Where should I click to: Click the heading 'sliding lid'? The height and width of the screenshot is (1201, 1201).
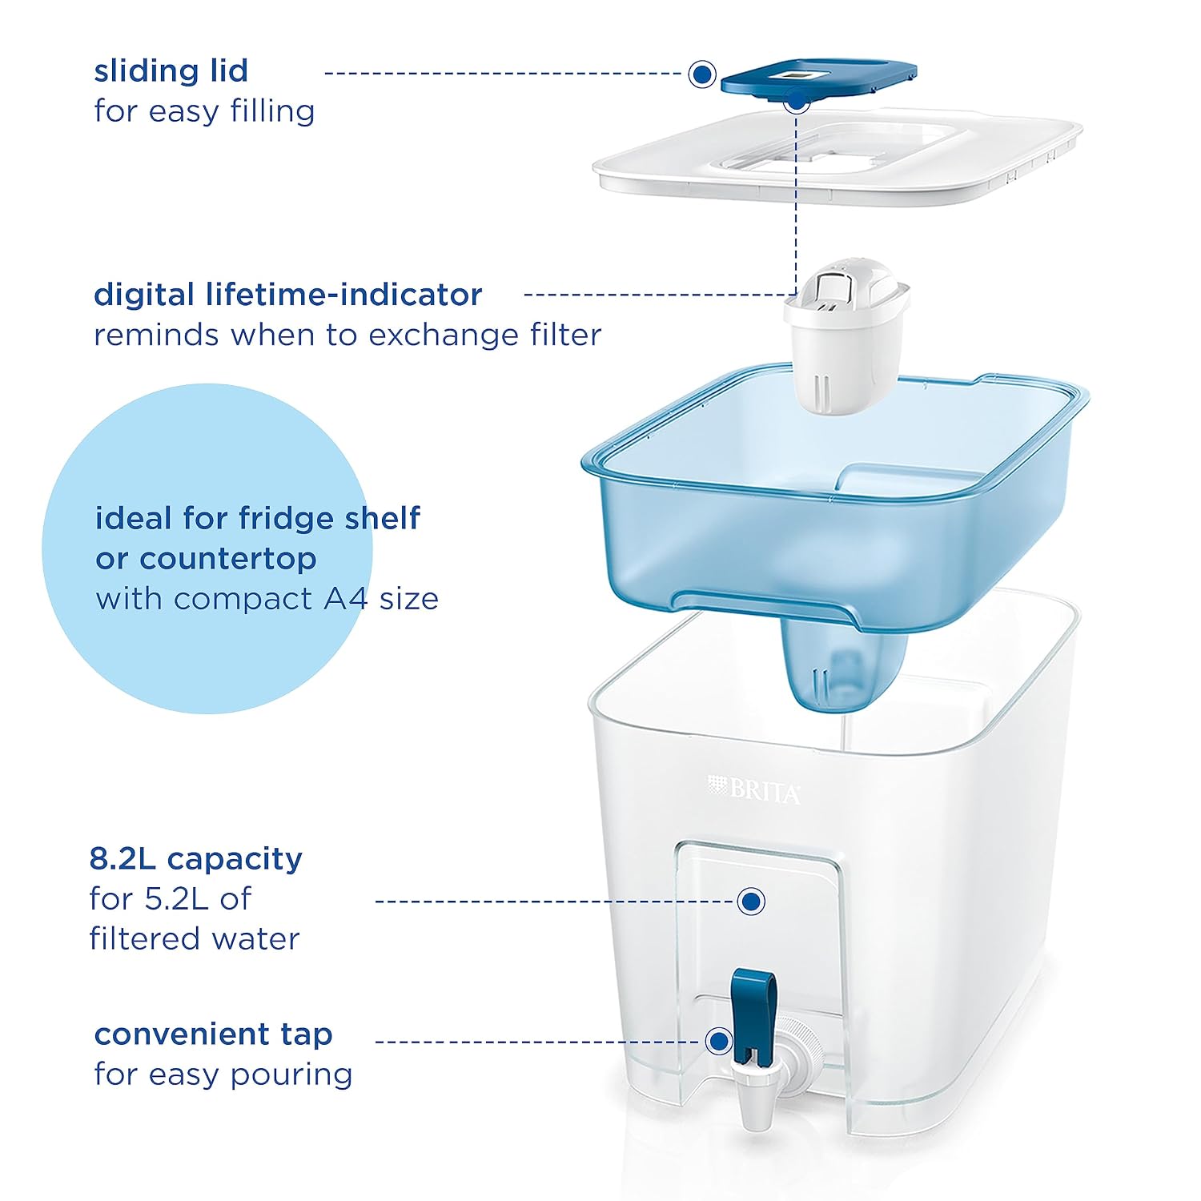171,70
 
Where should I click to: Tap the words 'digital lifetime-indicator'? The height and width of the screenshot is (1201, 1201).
288,295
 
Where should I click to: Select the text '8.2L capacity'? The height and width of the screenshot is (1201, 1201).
196,859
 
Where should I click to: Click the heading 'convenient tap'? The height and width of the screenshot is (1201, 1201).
213,1034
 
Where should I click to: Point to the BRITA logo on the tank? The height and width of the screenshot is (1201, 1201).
753,789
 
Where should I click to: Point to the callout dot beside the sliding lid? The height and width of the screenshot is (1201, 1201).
702,74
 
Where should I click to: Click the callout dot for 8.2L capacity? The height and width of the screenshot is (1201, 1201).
750,902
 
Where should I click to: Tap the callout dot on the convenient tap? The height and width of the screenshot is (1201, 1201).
719,1042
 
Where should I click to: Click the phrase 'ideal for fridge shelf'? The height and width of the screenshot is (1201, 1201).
257,519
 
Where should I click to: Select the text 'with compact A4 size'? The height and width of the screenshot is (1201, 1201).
267,599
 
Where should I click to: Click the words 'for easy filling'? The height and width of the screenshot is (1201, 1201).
204,111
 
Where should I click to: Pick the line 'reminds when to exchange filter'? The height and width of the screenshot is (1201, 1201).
347,335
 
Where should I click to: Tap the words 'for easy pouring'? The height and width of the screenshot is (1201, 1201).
223,1075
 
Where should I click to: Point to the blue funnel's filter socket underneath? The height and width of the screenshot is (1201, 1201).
846,665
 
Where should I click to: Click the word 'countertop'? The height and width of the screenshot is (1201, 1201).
228,559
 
